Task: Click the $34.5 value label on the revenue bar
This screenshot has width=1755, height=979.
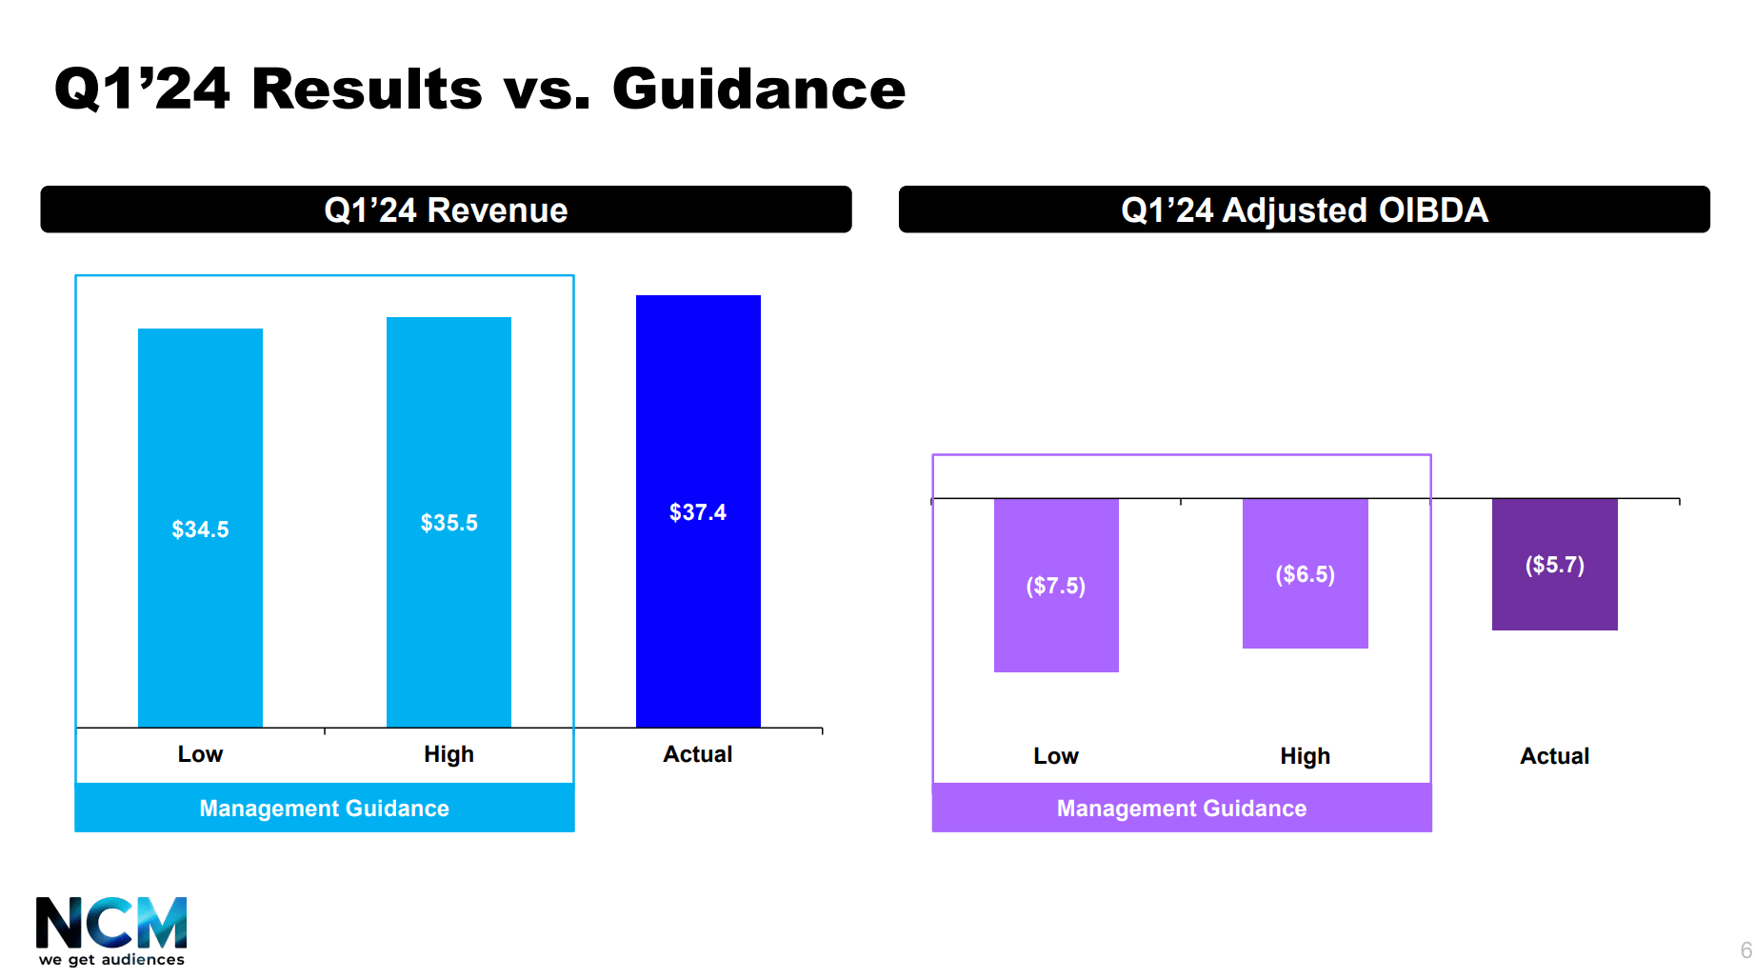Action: tap(200, 529)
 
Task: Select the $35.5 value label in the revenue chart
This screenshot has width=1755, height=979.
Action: tap(449, 523)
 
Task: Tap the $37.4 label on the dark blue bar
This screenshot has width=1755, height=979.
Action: tap(697, 512)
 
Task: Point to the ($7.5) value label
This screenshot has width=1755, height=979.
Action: tap(1055, 586)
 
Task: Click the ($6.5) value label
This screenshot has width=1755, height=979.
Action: tap(1305, 574)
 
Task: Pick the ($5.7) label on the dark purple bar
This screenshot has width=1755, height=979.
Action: tap(1554, 565)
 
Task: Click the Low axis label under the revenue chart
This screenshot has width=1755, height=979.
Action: tap(200, 754)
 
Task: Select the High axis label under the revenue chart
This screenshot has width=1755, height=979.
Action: tap(449, 754)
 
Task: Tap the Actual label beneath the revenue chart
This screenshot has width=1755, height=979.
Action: tap(697, 754)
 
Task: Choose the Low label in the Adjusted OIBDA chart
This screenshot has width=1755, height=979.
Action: tap(1055, 756)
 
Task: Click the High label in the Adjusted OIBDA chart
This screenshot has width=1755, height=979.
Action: tap(1305, 756)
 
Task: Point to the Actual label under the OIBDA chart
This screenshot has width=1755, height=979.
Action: tap(1554, 756)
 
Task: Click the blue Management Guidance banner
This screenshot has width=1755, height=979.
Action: tap(324, 809)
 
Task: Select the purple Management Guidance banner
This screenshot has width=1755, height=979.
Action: tap(1181, 809)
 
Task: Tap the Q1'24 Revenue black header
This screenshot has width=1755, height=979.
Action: tap(446, 210)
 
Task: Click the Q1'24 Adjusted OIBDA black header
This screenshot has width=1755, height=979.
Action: tap(1304, 210)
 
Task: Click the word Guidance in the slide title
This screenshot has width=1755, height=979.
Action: tap(758, 90)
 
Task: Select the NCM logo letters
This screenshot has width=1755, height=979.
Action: tap(110, 922)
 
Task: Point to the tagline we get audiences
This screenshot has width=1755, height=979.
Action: tap(111, 960)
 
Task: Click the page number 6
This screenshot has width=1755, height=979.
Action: tap(1745, 949)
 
